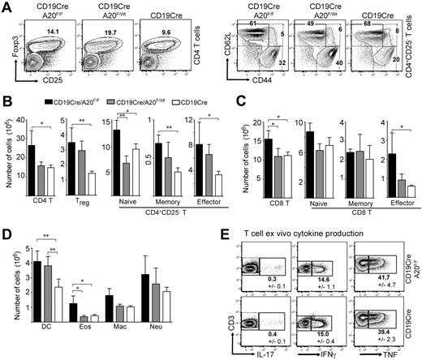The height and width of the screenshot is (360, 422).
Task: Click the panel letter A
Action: [x=6, y=7]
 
